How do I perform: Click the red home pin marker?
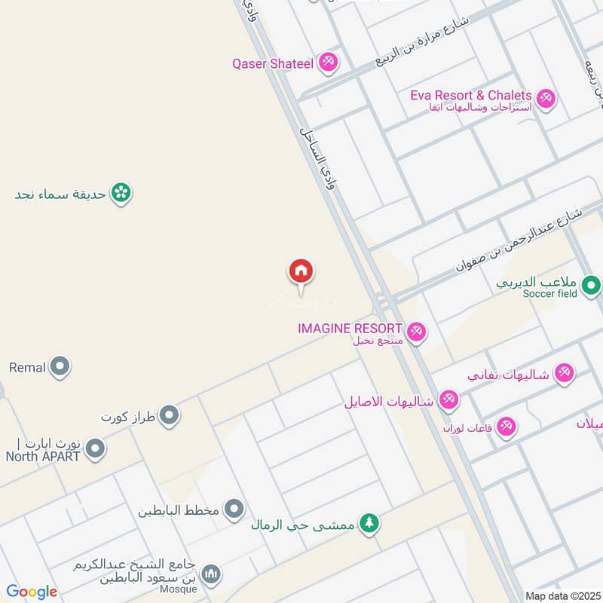pyautogui.click(x=301, y=271)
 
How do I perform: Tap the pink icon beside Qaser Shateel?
pyautogui.click(x=328, y=63)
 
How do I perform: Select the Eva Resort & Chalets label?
pyautogui.click(x=471, y=96)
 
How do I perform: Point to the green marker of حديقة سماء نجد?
pyautogui.click(x=120, y=194)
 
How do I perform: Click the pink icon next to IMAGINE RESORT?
pyautogui.click(x=416, y=331)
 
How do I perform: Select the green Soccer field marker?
pyautogui.click(x=592, y=285)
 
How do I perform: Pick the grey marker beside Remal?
pyautogui.click(x=60, y=368)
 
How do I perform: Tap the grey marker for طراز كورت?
pyautogui.click(x=170, y=415)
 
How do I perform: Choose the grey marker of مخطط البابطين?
pyautogui.click(x=235, y=510)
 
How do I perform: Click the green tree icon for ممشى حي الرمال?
pyautogui.click(x=369, y=522)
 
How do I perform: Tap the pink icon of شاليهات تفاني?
pyautogui.click(x=564, y=372)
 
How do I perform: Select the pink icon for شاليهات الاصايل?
pyautogui.click(x=449, y=399)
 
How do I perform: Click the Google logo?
pyautogui.click(x=32, y=592)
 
